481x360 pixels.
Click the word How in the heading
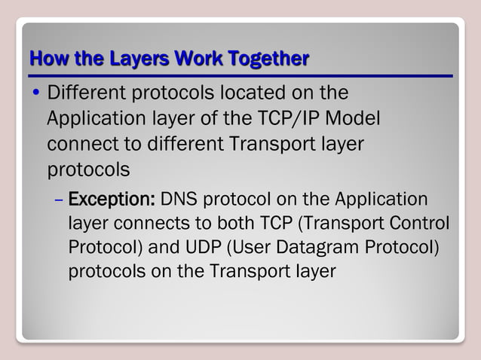[44, 58]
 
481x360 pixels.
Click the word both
[206, 224]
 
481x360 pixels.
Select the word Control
[422, 224]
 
